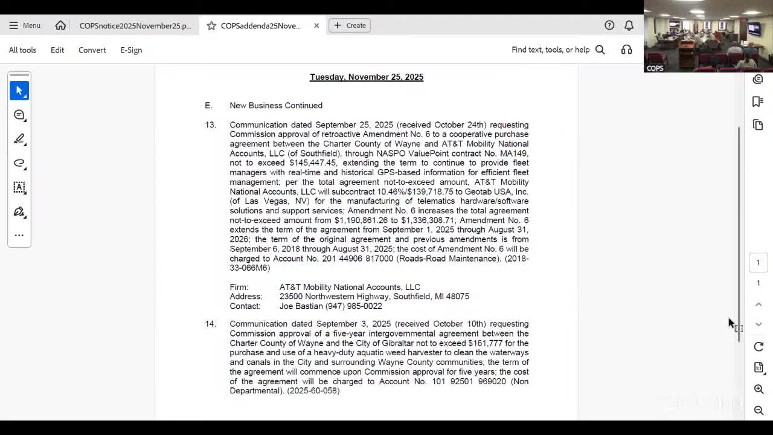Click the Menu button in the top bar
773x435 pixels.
(25, 25)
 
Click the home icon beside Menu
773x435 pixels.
(60, 25)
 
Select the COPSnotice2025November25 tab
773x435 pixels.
(135, 25)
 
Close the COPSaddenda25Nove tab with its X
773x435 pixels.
(316, 25)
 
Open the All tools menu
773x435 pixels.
(22, 50)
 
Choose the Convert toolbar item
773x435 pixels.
(92, 50)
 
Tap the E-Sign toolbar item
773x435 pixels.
(131, 50)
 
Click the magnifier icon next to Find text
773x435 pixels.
(600, 50)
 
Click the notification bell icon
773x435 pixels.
(629, 25)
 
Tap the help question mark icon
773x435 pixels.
(609, 25)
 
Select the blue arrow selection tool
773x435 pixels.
(19, 91)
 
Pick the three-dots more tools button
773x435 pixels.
(19, 235)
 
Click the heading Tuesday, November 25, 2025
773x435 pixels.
(367, 77)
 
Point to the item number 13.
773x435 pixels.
(210, 125)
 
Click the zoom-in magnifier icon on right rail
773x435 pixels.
(759, 389)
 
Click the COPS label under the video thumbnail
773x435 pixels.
(655, 68)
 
